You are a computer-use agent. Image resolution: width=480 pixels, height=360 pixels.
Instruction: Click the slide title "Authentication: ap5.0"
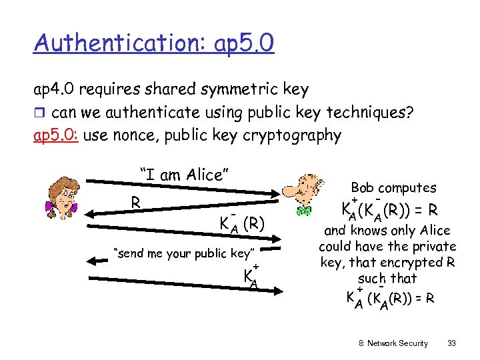153,44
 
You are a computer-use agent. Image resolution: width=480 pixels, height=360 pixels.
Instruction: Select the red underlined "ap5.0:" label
56,135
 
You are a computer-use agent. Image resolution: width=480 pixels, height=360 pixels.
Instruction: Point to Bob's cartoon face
303,193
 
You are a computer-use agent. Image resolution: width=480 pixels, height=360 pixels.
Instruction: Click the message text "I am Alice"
184,175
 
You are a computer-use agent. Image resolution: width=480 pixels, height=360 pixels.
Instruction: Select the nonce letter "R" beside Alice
135,201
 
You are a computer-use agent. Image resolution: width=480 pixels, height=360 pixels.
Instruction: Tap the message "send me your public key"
184,253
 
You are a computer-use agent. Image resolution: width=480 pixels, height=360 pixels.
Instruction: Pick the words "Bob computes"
393,188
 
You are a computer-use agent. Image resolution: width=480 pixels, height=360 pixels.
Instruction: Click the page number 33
452,343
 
